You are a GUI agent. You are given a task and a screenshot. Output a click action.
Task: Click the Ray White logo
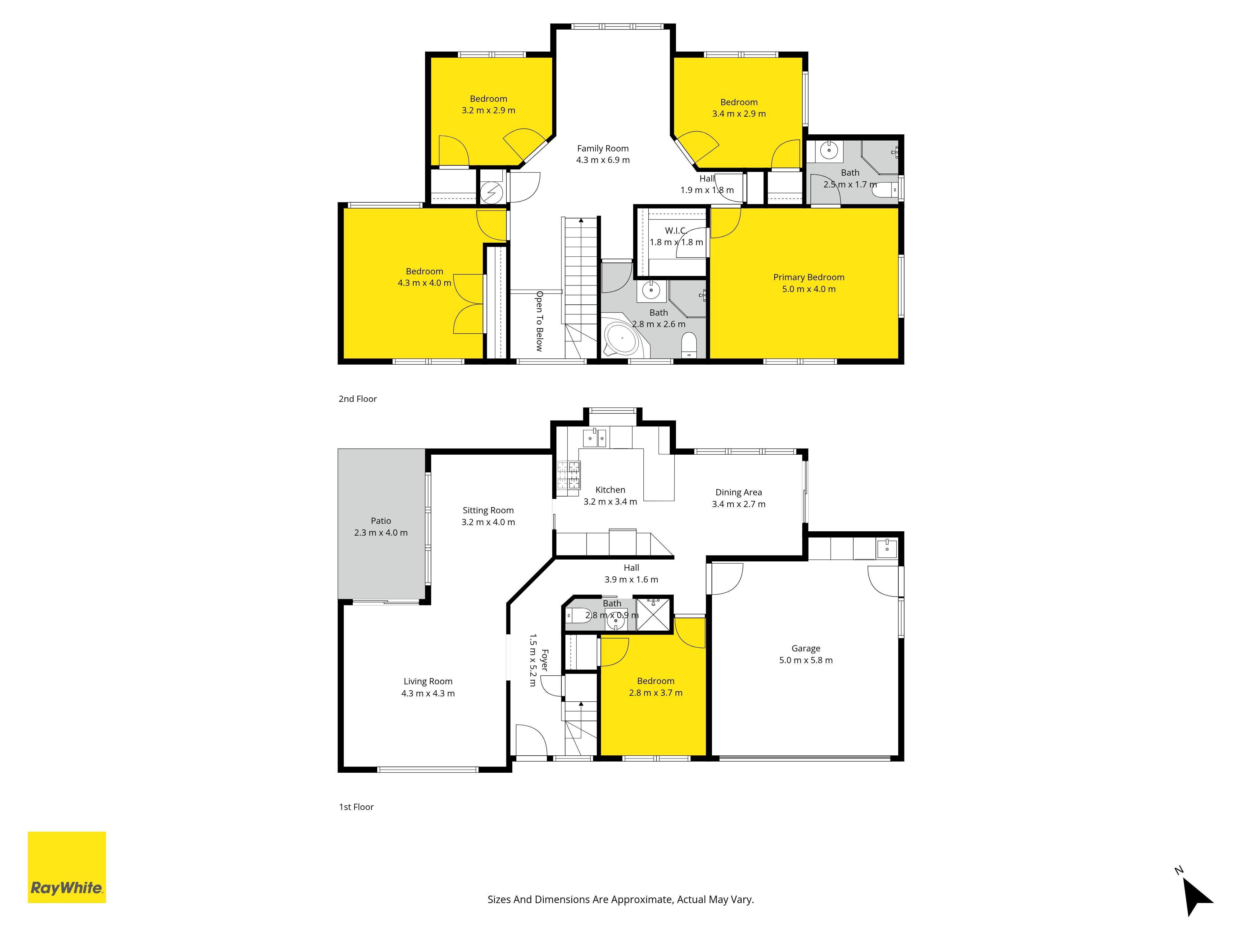point(67,867)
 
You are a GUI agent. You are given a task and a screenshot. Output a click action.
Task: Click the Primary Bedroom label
point(809,277)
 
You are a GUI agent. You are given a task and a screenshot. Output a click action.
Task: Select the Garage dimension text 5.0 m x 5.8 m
point(806,660)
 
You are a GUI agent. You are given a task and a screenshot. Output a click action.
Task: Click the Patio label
point(381,521)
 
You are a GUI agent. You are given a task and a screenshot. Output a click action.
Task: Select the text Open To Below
point(539,321)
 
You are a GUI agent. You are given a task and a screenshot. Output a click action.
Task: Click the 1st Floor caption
point(356,807)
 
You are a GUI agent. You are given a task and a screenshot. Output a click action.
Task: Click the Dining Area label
point(738,492)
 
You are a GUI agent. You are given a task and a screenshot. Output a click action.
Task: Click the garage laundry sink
point(886,547)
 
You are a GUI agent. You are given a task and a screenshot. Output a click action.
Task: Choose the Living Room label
point(428,681)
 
